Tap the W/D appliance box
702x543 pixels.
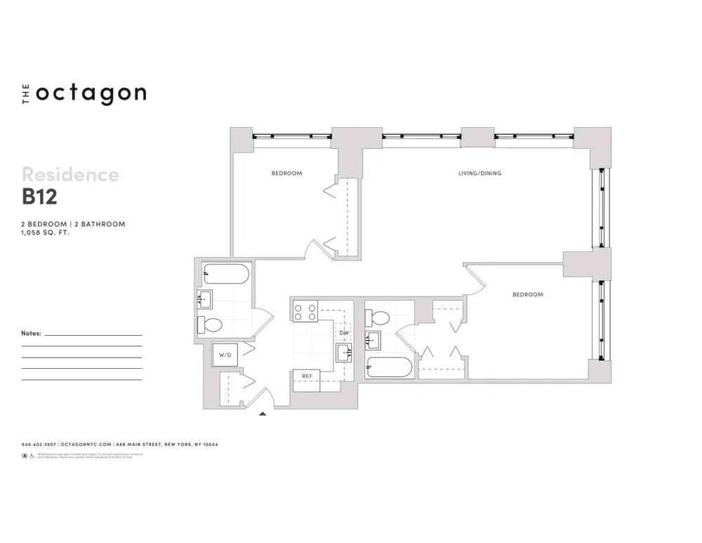point(225,355)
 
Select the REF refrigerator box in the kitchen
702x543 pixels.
point(307,377)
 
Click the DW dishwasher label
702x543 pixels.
point(344,333)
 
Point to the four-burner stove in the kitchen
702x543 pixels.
point(305,311)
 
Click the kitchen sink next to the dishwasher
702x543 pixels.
point(344,353)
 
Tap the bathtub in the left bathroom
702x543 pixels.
point(225,273)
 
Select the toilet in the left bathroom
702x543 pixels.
point(210,325)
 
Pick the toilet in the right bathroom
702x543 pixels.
point(379,317)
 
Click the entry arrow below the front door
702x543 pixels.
point(263,414)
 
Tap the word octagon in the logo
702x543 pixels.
point(91,93)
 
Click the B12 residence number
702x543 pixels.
point(39,197)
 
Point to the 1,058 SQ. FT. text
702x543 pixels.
point(46,232)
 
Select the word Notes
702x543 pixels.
point(32,334)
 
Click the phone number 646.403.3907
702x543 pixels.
point(39,444)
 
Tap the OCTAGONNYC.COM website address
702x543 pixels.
point(86,444)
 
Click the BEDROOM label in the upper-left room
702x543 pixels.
point(286,174)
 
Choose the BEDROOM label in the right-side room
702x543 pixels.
point(527,295)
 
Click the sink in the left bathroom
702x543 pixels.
point(204,300)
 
